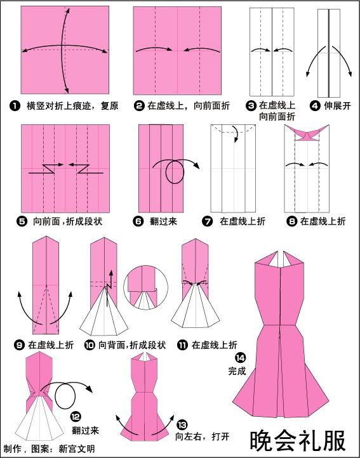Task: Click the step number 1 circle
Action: (15, 105)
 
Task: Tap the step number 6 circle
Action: (138, 221)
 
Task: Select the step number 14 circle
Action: (241, 358)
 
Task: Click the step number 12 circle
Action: (76, 417)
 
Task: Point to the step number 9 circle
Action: (19, 345)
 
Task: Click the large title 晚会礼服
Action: (298, 440)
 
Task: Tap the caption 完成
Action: (237, 371)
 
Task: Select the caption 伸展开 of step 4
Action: (337, 105)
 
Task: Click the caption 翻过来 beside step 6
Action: (163, 221)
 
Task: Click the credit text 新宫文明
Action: (77, 448)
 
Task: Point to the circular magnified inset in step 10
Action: (145, 288)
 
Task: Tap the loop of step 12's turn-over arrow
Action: (65, 396)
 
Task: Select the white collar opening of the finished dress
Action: (280, 259)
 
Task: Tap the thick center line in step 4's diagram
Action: (329, 53)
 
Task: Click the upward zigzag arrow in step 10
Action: (110, 288)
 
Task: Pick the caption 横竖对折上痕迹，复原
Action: (72, 105)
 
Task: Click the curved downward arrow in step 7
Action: (236, 134)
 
